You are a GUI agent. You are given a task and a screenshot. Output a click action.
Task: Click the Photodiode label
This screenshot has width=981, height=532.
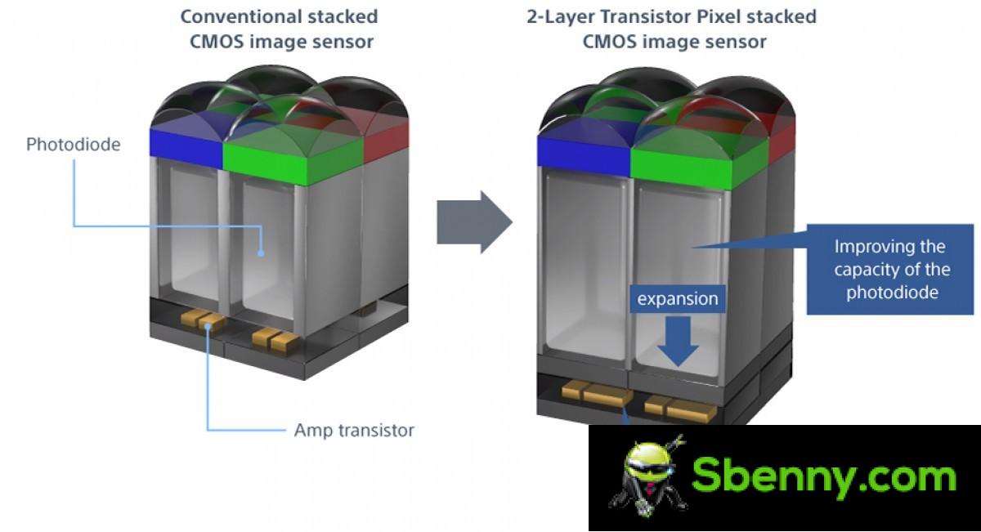tap(73, 145)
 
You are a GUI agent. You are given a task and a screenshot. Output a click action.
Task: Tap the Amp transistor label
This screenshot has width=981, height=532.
tap(354, 431)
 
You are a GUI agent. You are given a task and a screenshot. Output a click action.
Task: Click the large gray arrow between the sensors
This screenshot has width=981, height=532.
tap(474, 222)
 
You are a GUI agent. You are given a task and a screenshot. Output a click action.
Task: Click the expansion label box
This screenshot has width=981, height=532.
tap(678, 299)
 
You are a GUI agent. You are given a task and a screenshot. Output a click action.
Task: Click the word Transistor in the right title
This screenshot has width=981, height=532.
tap(646, 16)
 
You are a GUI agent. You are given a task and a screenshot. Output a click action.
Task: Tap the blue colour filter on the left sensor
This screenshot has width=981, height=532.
tap(186, 142)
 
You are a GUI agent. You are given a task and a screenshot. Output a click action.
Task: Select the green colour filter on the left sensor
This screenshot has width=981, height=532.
tap(293, 162)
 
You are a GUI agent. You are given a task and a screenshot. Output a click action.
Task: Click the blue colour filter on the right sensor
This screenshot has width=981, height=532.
tap(584, 155)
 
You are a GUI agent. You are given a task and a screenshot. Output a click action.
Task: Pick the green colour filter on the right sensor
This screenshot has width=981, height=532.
tap(700, 168)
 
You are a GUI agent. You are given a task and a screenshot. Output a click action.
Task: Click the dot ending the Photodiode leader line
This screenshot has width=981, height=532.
tap(261, 253)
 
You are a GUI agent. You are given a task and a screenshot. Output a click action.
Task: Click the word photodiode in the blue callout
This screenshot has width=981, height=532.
tap(892, 293)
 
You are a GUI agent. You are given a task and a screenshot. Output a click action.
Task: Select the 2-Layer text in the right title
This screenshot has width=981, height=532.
tap(561, 17)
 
